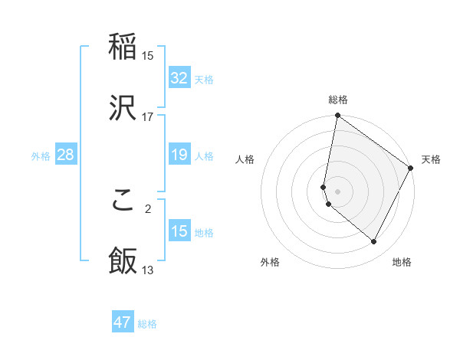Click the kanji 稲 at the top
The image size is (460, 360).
click(123, 47)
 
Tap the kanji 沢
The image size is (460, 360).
click(123, 106)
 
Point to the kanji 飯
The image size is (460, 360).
click(123, 260)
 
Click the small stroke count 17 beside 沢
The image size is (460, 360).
click(148, 116)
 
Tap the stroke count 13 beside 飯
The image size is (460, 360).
click(148, 270)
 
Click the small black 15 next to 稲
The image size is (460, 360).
click(148, 55)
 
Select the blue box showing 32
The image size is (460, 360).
click(179, 78)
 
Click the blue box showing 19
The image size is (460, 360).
click(179, 155)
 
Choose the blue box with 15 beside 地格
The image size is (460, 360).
click(179, 231)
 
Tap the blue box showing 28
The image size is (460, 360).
click(66, 155)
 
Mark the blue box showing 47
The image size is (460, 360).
click(123, 322)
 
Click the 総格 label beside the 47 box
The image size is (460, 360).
click(147, 324)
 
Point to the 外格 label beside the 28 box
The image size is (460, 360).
click(41, 156)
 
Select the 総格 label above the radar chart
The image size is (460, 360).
click(338, 100)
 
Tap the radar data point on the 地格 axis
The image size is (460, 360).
click(374, 242)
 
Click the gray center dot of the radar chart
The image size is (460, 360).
click(337, 191)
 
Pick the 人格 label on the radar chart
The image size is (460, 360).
click(245, 159)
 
